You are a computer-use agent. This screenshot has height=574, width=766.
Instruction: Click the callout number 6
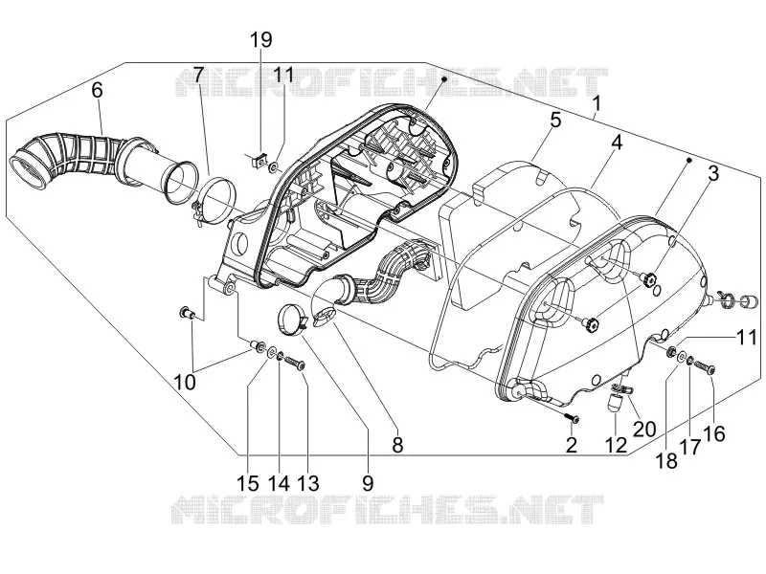click(97, 90)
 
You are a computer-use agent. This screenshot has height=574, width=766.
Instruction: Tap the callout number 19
click(261, 39)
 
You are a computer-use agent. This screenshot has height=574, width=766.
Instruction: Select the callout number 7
click(197, 75)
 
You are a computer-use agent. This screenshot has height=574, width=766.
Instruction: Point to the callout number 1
click(597, 103)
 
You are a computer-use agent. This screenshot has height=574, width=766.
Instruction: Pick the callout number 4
click(617, 143)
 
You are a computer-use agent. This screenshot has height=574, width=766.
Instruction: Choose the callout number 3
click(713, 173)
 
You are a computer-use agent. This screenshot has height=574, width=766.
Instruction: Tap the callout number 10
click(185, 382)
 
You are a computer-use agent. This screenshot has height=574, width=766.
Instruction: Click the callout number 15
click(247, 483)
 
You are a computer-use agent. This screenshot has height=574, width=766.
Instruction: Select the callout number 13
click(307, 483)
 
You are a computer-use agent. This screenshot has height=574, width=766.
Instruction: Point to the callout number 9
click(368, 483)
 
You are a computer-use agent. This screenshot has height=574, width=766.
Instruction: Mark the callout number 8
click(397, 445)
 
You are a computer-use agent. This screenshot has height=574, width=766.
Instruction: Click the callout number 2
click(571, 445)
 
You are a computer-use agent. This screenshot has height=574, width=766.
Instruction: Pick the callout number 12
click(616, 445)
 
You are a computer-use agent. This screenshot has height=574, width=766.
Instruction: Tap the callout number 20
click(644, 429)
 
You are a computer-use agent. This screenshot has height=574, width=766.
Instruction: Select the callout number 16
click(715, 433)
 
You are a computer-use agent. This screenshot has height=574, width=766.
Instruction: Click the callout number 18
click(666, 460)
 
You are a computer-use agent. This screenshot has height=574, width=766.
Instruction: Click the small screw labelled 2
click(572, 418)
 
